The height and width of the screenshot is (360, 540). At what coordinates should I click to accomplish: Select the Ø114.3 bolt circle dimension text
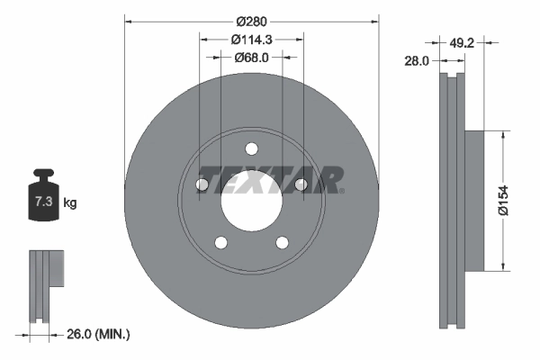(251, 40)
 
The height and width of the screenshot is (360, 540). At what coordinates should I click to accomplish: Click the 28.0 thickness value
(417, 60)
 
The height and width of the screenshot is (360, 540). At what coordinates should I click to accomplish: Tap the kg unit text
(70, 203)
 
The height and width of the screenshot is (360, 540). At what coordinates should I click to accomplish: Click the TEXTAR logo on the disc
(269, 179)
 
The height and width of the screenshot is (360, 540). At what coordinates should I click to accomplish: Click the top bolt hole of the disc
(251, 148)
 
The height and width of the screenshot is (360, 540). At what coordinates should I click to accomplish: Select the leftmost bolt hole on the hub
(202, 185)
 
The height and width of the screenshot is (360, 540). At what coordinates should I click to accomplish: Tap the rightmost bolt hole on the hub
(301, 185)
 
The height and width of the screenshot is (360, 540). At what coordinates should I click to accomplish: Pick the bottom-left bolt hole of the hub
(220, 242)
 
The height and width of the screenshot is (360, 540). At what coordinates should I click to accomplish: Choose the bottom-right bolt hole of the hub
(282, 242)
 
